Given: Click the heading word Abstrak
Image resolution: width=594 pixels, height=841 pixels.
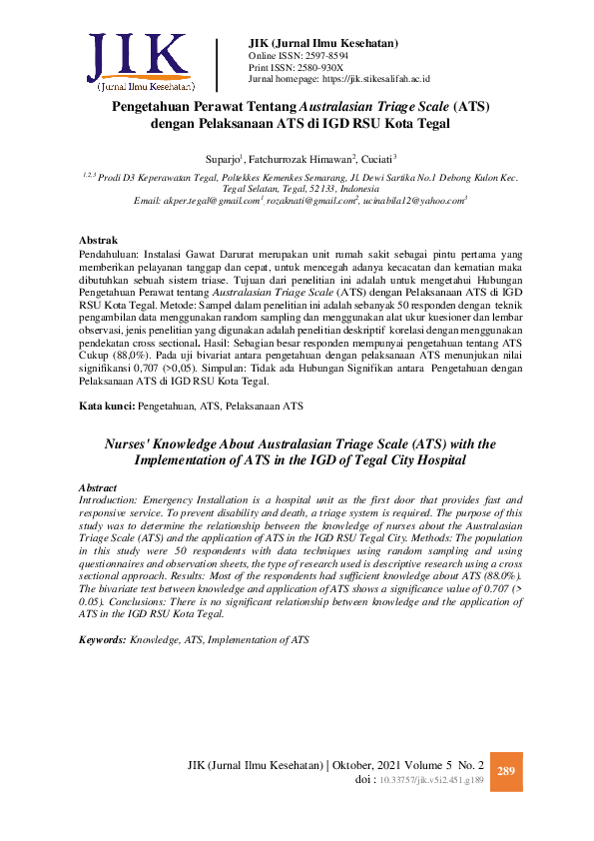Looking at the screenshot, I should coord(99,240).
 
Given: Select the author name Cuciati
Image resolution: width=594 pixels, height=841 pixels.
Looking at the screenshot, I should coord(376,158).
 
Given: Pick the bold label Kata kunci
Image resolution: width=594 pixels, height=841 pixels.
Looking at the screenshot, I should coord(105,407).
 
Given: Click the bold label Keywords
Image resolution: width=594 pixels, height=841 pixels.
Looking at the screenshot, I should coord(102,638).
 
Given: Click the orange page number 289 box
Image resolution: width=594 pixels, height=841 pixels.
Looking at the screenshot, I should coord(505,772).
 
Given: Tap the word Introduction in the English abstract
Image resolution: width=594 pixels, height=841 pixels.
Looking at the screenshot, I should coord(108,499).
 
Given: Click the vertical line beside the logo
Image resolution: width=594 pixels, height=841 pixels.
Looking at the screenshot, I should coord(217,65).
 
